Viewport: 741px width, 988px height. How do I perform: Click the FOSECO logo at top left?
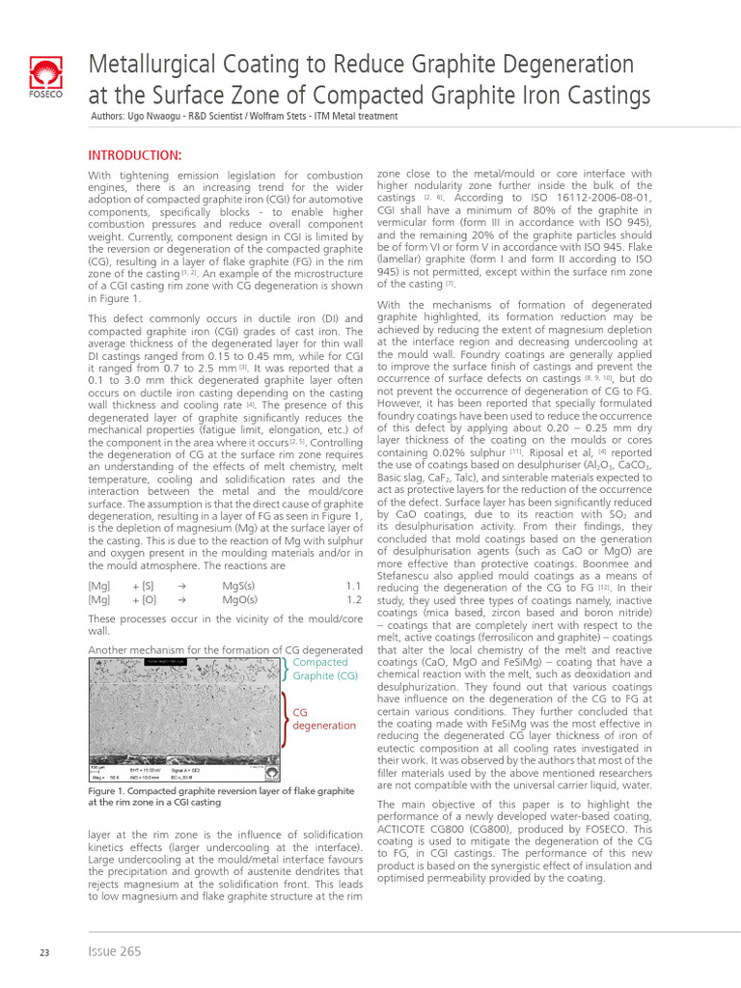click(x=45, y=79)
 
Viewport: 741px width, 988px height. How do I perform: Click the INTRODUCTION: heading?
click(x=135, y=155)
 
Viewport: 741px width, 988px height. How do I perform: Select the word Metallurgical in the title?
click(x=154, y=65)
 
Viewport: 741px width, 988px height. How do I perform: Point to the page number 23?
click(x=44, y=952)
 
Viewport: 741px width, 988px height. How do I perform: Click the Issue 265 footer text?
click(x=114, y=951)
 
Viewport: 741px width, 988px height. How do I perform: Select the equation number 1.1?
click(x=353, y=586)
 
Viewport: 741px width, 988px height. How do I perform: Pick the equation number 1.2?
click(x=353, y=599)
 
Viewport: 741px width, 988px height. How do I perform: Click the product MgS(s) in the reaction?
click(x=239, y=586)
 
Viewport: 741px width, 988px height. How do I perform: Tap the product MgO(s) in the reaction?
click(x=239, y=599)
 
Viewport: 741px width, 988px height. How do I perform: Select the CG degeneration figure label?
click(x=323, y=718)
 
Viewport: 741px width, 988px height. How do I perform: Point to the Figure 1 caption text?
click(x=221, y=796)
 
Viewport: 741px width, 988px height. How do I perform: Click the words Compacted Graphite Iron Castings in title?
click(x=433, y=96)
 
